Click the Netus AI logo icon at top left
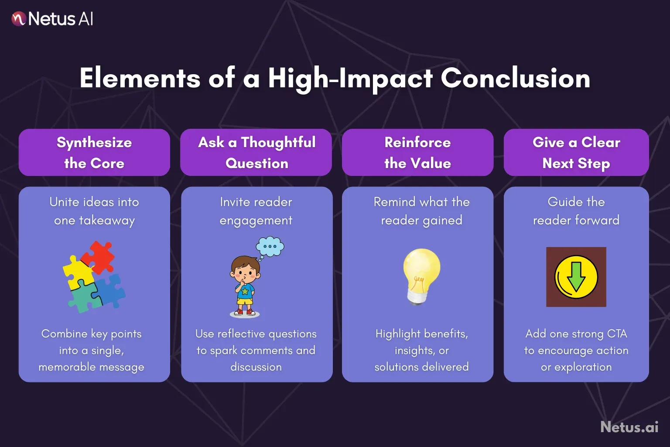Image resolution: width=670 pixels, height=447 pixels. [x=19, y=19]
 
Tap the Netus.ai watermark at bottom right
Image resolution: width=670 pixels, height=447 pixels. [x=629, y=426]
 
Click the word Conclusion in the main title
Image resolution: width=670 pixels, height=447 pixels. [x=515, y=79]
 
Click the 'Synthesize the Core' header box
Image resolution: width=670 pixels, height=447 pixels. [x=94, y=152]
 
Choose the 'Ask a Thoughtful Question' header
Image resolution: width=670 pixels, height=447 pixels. [x=256, y=152]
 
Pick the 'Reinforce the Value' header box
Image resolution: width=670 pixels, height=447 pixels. [x=417, y=152]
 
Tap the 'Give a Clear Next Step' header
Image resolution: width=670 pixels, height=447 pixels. [x=576, y=152]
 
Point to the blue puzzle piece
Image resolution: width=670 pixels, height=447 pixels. [x=110, y=290]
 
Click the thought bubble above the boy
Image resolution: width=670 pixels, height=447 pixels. [x=270, y=247]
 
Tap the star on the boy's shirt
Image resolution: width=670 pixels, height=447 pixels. [x=245, y=291]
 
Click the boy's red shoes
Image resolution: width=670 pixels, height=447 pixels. [x=245, y=312]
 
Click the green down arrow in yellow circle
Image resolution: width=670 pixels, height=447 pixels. [x=576, y=277]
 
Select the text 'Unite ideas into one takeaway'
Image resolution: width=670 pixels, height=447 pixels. [x=94, y=211]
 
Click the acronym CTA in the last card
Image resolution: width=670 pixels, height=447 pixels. [x=617, y=334]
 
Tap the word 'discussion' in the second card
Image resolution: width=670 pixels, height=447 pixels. [x=256, y=367]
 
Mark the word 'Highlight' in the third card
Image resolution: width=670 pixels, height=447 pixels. [x=398, y=334]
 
